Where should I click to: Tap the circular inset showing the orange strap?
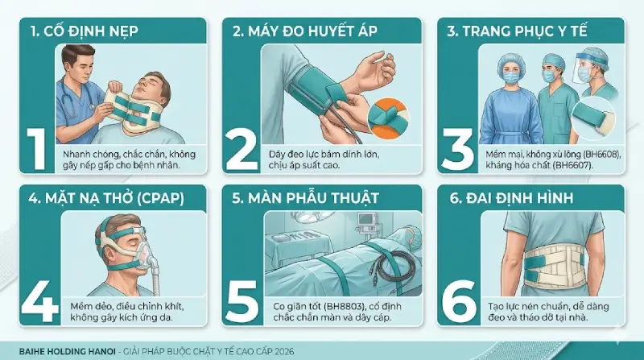[391, 113]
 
